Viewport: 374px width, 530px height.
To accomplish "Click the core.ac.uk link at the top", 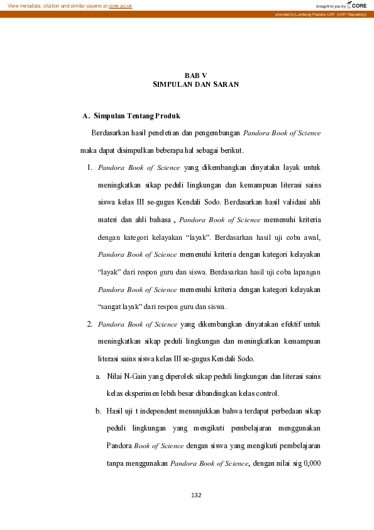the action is [x=120, y=6].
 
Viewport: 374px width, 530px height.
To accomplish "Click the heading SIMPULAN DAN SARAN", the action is [x=195, y=84].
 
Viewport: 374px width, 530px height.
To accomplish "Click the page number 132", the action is [x=195, y=495].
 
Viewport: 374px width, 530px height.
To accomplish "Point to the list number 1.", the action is [x=90, y=167].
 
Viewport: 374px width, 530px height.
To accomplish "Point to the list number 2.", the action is [x=90, y=324].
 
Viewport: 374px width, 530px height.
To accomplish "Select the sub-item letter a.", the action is [x=98, y=376].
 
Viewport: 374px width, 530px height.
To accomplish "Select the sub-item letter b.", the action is [x=98, y=411].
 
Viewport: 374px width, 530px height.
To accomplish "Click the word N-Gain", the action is [x=135, y=376].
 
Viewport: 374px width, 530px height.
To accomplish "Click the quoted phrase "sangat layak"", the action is [x=120, y=307].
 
